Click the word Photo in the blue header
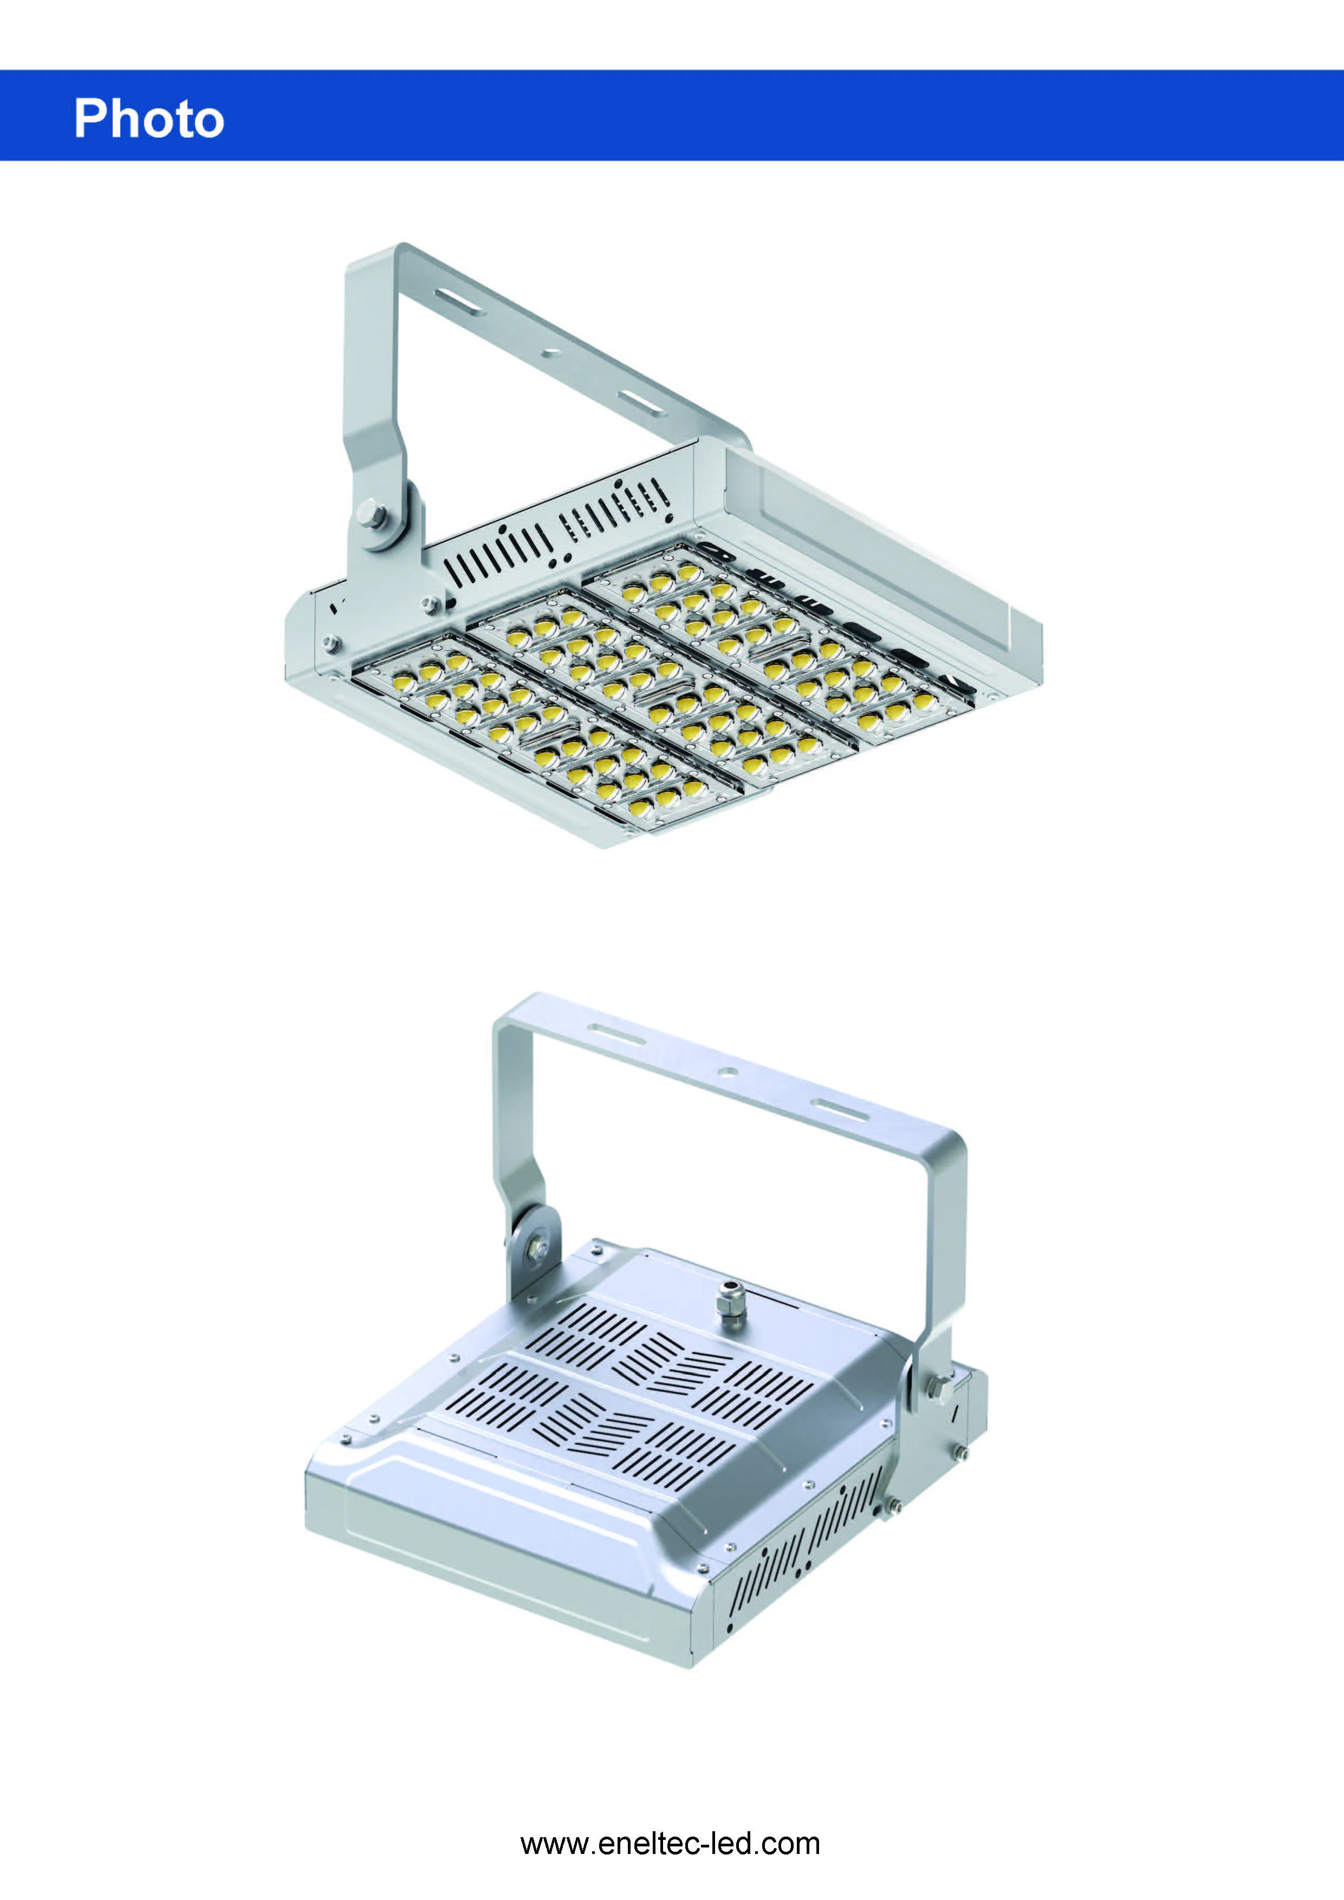click(x=149, y=118)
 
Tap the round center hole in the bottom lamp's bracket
click(x=728, y=1070)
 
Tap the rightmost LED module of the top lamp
click(x=778, y=637)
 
